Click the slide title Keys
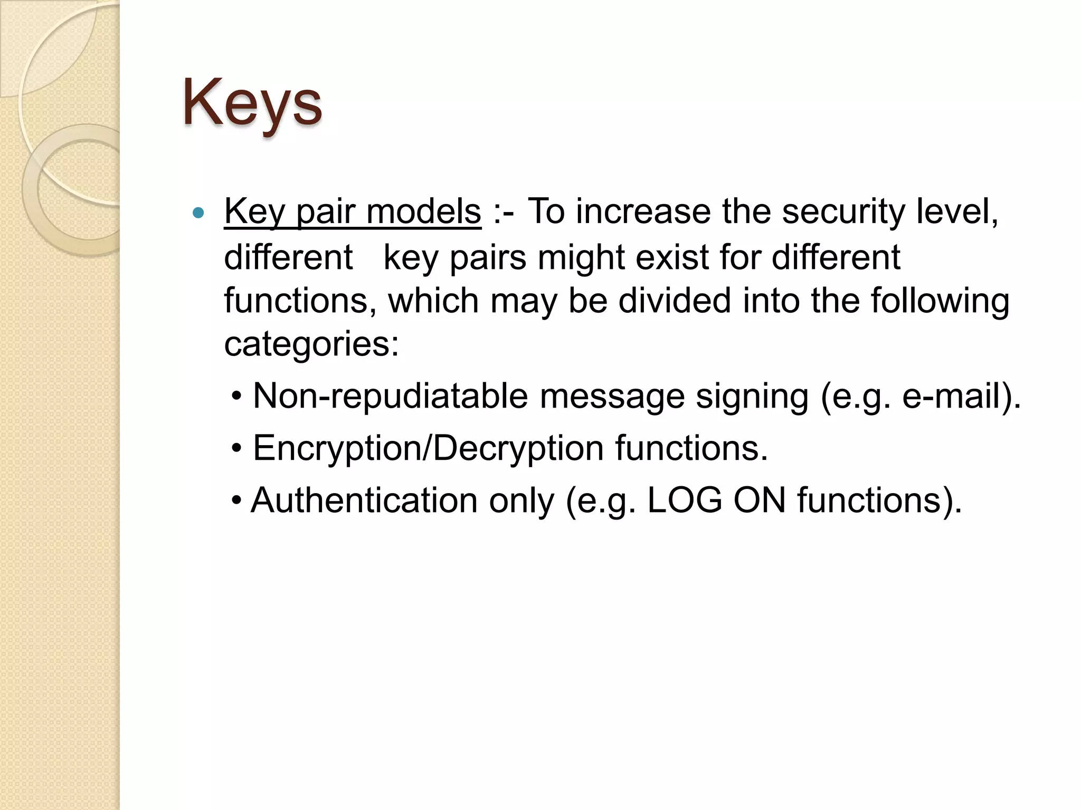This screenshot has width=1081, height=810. [x=252, y=103]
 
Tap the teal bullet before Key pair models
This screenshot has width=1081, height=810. [x=198, y=213]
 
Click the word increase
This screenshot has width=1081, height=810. [x=643, y=211]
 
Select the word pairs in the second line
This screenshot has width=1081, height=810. [x=488, y=258]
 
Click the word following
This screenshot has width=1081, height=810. [x=940, y=302]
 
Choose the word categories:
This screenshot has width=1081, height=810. [x=311, y=345]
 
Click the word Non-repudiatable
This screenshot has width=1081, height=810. [x=391, y=396]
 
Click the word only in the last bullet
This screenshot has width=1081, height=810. [x=521, y=501]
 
